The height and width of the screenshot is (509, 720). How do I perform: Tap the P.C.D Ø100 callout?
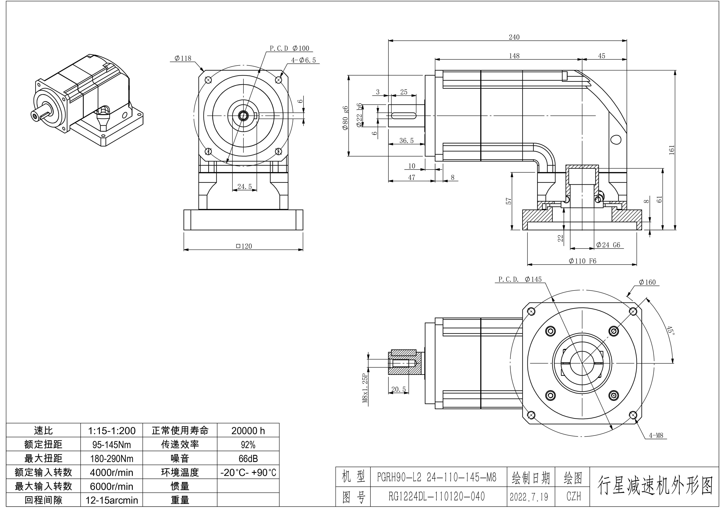pos(289,48)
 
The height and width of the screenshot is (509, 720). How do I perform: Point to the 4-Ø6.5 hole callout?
pos(303,60)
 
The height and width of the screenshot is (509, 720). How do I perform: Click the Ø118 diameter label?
pos(183,58)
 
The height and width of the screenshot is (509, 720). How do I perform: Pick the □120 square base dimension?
pos(244,246)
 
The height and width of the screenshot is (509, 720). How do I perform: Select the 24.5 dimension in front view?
pos(244,187)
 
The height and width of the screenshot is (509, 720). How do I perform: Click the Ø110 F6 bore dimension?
pos(582,261)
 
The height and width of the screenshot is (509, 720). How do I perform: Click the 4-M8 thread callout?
pos(656,435)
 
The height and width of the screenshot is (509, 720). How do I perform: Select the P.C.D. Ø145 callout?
pos(520,279)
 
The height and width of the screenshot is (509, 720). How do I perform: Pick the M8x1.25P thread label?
pos(365,388)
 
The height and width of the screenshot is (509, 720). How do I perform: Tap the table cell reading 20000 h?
pos(248,431)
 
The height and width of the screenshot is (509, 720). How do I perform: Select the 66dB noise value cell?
pos(248,458)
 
